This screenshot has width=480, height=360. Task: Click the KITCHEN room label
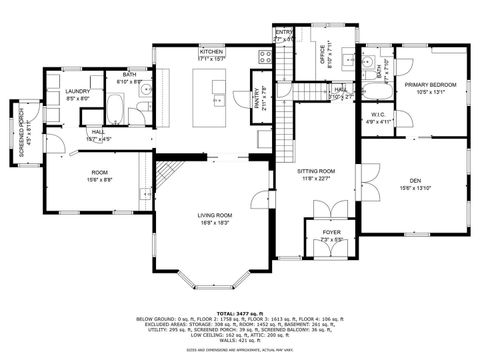pos(211,50)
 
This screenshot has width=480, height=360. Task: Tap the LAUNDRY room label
pos(78,91)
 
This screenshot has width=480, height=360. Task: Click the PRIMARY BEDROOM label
pos(430,86)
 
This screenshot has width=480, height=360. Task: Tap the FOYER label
pos(331,233)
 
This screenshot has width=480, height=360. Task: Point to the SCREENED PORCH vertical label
pos(12,124)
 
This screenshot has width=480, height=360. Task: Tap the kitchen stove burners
pos(266,57)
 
